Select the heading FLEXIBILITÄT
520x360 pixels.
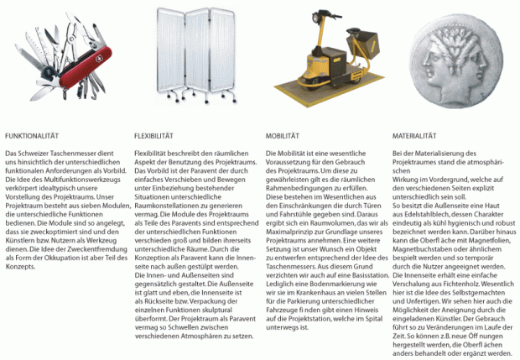tap(154, 135)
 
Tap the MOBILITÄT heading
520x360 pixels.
tap(283, 135)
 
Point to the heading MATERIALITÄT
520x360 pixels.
tap(418, 135)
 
